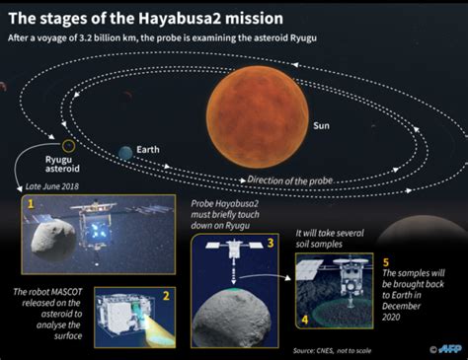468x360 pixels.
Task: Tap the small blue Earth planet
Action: (x=125, y=153)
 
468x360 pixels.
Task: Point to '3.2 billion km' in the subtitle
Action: (x=119, y=38)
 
